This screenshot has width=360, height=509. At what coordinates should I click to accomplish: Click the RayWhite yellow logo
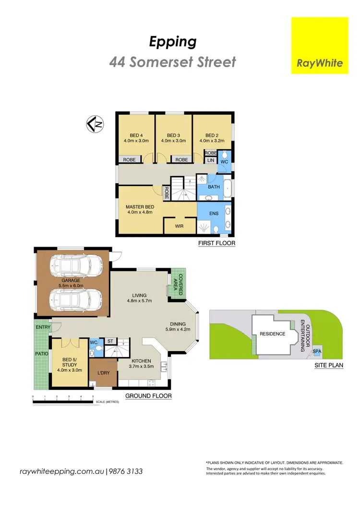(x=320, y=46)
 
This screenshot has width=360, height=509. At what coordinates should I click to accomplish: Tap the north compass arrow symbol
(x=95, y=124)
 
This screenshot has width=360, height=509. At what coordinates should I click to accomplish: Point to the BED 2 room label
(x=211, y=135)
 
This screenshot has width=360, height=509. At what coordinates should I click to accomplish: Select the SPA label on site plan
(x=317, y=352)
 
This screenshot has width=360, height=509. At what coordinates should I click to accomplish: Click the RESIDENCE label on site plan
(x=272, y=334)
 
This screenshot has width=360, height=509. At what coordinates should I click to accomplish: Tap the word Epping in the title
(x=172, y=42)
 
